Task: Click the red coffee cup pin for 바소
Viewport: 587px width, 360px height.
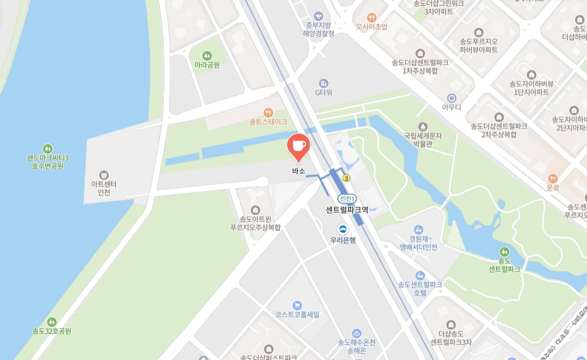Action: [298, 145]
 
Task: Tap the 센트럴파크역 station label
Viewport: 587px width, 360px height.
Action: [347, 210]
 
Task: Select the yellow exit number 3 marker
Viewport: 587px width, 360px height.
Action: [346, 178]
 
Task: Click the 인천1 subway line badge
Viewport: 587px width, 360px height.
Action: [347, 198]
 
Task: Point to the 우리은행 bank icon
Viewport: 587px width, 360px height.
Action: [343, 229]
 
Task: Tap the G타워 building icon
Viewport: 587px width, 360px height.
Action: [324, 83]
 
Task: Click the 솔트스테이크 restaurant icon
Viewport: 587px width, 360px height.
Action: [268, 113]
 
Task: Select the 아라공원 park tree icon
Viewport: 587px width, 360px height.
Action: [207, 56]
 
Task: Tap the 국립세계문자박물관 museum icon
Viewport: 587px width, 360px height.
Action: [423, 127]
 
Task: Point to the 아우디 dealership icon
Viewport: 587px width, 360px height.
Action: [451, 98]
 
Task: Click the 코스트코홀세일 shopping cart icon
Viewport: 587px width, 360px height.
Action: [297, 305]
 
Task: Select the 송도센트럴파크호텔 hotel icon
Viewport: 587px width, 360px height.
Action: [420, 275]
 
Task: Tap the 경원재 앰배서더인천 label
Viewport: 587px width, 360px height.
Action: [419, 243]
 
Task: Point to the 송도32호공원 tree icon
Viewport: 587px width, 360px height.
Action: [51, 322]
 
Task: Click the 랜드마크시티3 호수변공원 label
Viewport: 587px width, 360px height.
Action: [47, 162]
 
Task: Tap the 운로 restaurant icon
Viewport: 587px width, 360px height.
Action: [553, 179]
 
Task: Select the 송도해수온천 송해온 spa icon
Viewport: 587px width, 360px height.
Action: [357, 333]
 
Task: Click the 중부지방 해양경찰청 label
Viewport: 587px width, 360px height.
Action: [318, 29]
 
